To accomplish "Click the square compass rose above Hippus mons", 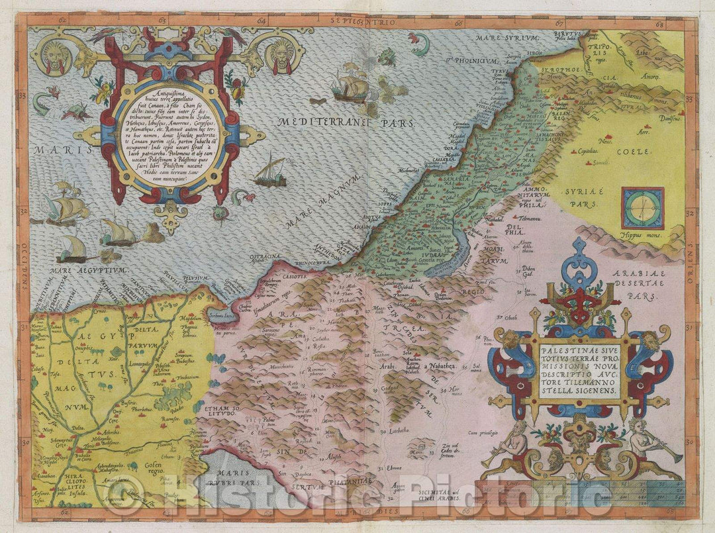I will [x=642, y=208].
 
